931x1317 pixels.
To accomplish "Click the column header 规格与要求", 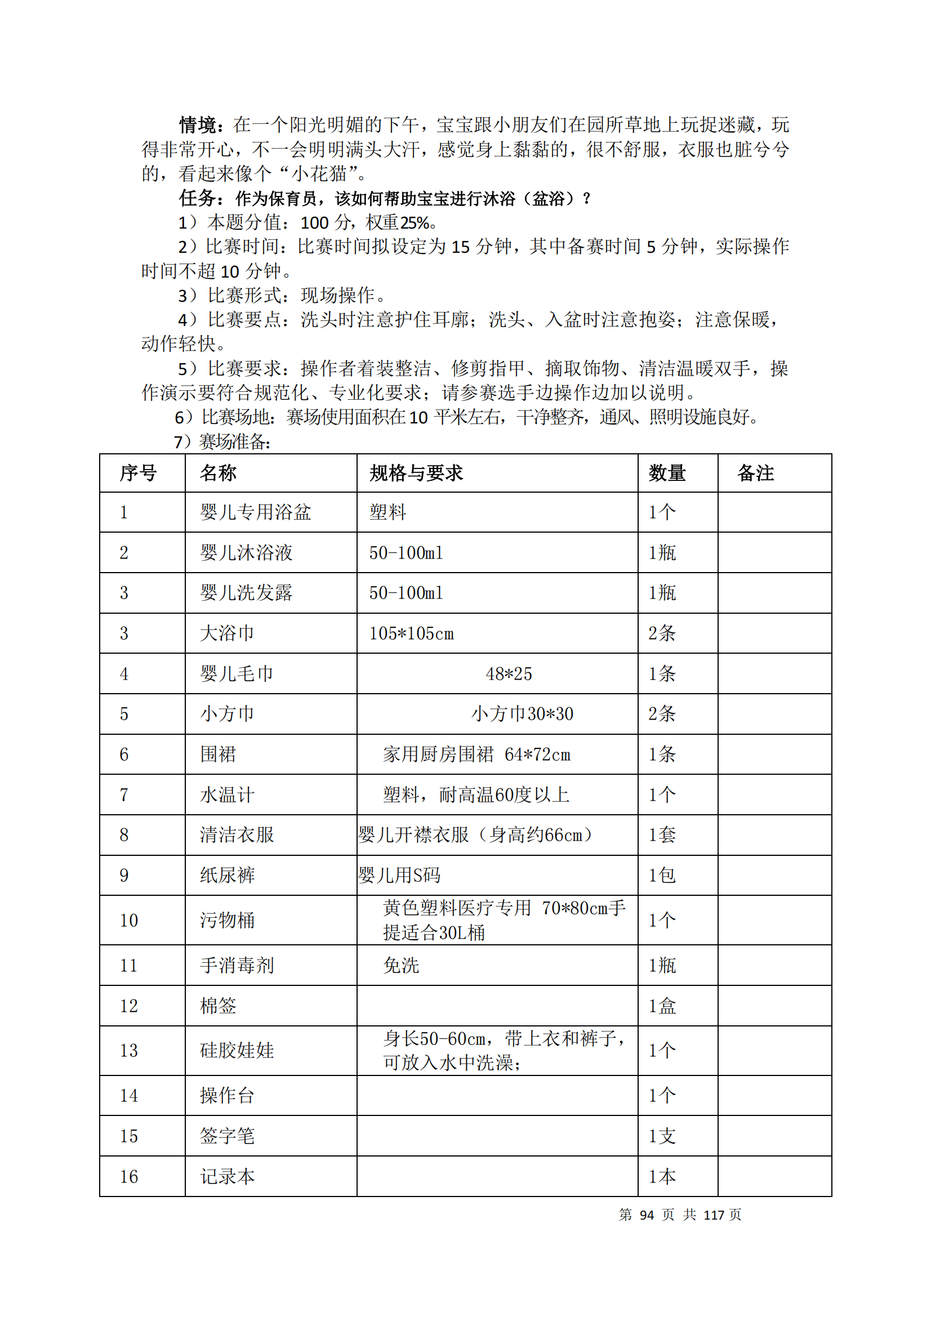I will (x=416, y=473).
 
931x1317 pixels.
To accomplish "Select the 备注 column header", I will (x=755, y=473).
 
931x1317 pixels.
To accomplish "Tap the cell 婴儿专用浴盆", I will (x=255, y=512).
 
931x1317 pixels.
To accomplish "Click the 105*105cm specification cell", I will (x=411, y=633).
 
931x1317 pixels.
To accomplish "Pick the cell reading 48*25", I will (x=509, y=673).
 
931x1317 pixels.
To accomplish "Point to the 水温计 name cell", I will (x=227, y=794).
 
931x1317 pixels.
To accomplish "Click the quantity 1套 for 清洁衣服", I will (x=662, y=834).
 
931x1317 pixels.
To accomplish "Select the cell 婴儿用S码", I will (x=399, y=876).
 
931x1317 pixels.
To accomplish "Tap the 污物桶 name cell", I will (x=227, y=920).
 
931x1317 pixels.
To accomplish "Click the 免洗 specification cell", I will (x=401, y=966).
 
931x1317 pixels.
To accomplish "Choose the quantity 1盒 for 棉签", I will (x=662, y=1006).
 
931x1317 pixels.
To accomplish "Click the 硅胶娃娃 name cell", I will (x=237, y=1050).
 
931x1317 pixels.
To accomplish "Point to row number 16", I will (x=128, y=1176).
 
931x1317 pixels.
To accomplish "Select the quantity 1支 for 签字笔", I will (x=662, y=1136).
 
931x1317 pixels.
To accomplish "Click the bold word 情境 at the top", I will (x=197, y=124).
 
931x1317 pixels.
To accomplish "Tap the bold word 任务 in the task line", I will (x=197, y=198).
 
